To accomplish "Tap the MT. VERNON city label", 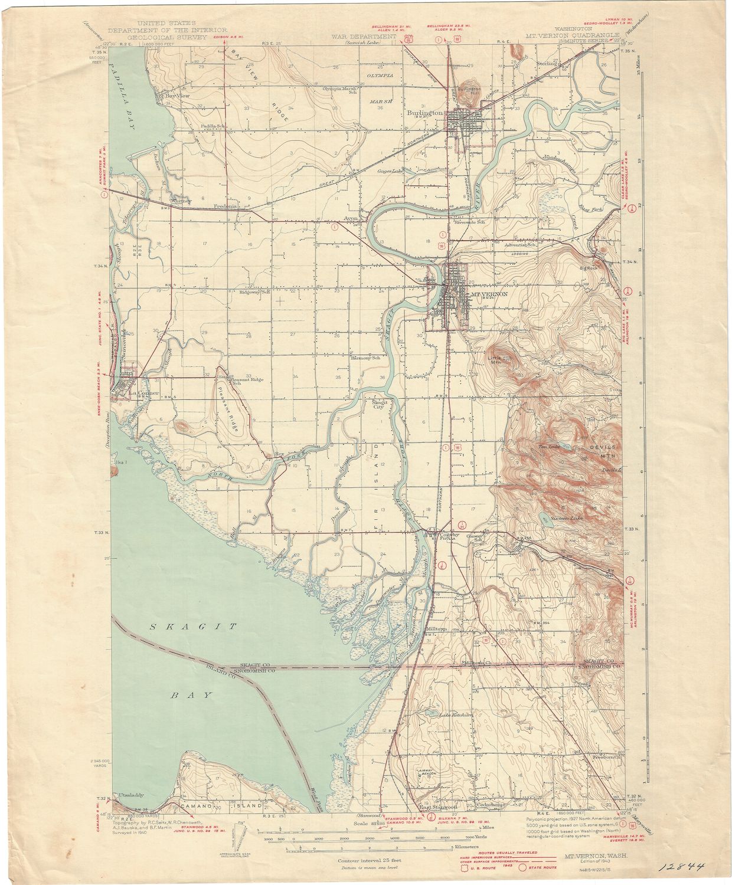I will (488, 293).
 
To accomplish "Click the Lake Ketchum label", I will (456, 715).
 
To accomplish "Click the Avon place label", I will (352, 218).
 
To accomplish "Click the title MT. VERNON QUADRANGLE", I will (573, 35).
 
